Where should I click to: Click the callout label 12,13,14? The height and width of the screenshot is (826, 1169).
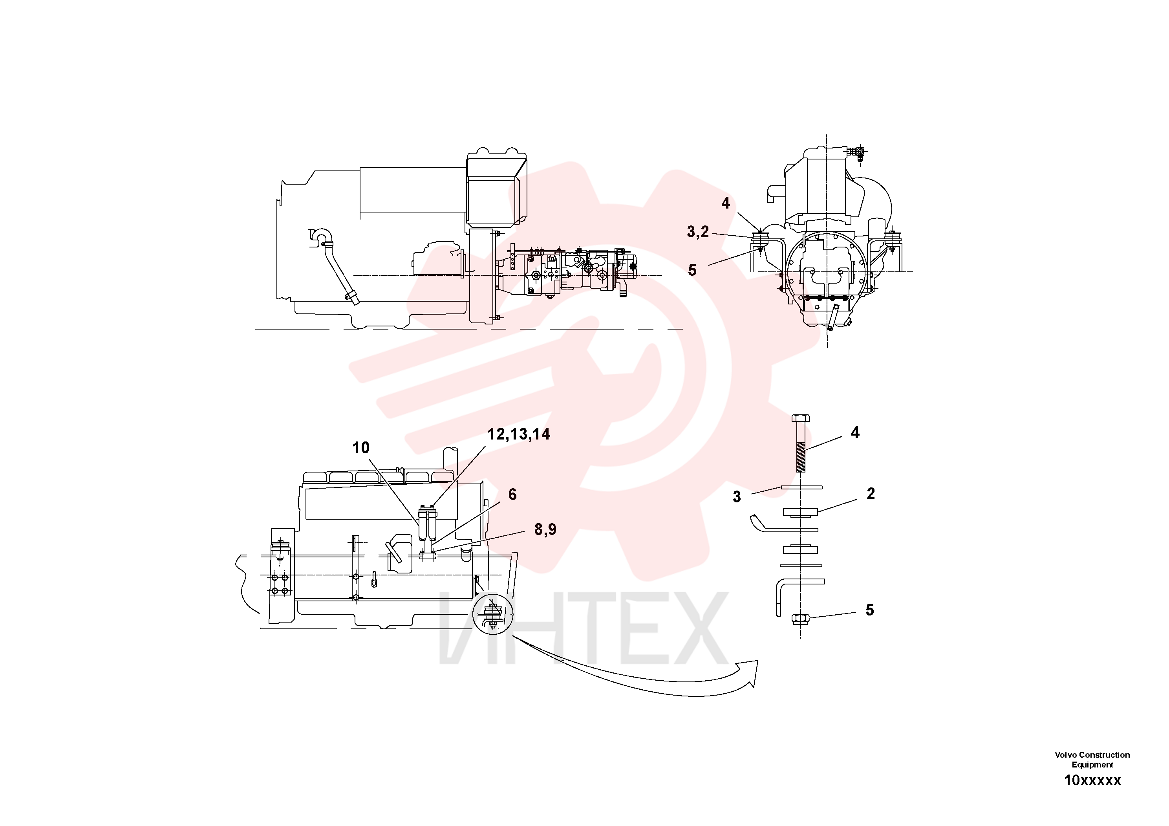[519, 434]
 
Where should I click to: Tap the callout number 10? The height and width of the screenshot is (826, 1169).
[360, 448]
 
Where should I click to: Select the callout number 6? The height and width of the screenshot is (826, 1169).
[512, 494]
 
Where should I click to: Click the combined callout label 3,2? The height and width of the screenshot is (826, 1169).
[697, 232]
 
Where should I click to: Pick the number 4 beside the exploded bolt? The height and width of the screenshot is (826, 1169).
[855, 432]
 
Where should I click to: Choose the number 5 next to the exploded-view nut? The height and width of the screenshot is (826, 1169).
[870, 610]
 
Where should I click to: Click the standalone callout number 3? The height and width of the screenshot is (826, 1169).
[737, 497]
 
